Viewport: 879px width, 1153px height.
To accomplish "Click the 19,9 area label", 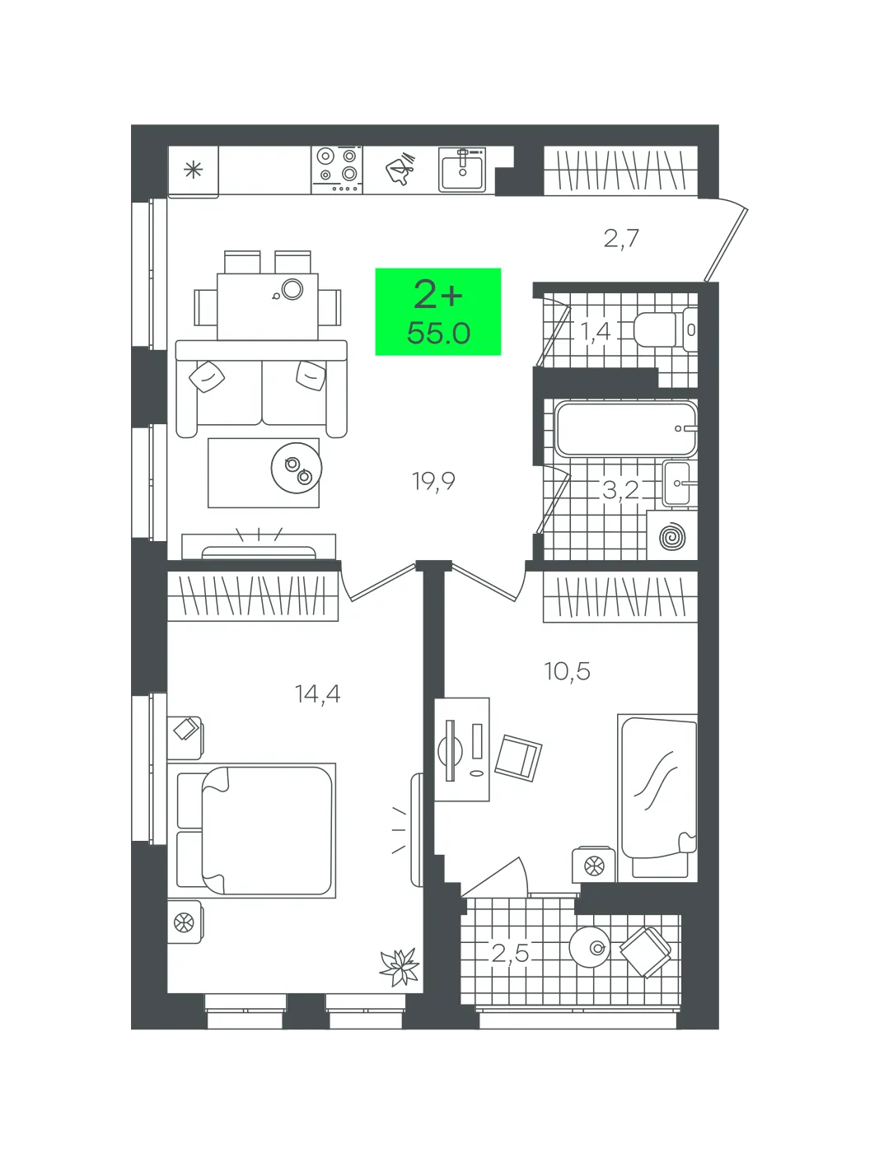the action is [x=433, y=481].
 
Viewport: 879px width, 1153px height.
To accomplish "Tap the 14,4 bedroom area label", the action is [x=317, y=694].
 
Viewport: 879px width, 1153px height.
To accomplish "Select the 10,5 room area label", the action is [x=567, y=670].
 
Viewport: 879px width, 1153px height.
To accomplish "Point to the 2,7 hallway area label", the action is [x=621, y=239].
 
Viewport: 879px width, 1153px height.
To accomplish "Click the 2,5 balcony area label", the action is [x=510, y=953].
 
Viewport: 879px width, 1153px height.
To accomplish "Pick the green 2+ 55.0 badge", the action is [x=437, y=311].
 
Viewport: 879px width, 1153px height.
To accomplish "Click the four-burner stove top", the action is [x=337, y=170].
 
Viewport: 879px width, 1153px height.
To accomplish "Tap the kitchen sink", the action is [x=462, y=169].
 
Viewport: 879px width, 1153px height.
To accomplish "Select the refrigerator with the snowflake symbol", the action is [x=194, y=171].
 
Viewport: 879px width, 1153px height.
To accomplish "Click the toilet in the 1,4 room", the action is [x=665, y=330].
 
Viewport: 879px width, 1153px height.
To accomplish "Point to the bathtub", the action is [x=626, y=428].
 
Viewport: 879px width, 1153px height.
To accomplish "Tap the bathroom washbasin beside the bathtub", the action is [x=680, y=483].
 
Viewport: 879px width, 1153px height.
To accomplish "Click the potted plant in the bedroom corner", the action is [x=400, y=967].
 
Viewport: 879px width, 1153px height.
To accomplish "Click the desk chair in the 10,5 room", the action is [x=518, y=758].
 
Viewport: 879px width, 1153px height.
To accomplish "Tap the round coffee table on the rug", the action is [x=297, y=468].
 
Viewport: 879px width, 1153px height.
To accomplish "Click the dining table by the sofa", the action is [x=268, y=306].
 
